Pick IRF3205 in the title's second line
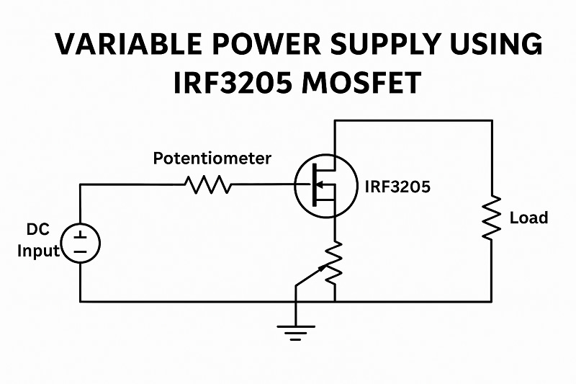(225, 83)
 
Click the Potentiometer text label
(212, 158)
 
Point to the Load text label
(528, 218)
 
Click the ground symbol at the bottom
(296, 331)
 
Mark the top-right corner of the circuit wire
(492, 121)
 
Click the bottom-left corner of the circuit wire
(80, 301)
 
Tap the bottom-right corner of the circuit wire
(492, 301)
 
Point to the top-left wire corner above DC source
(80, 184)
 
